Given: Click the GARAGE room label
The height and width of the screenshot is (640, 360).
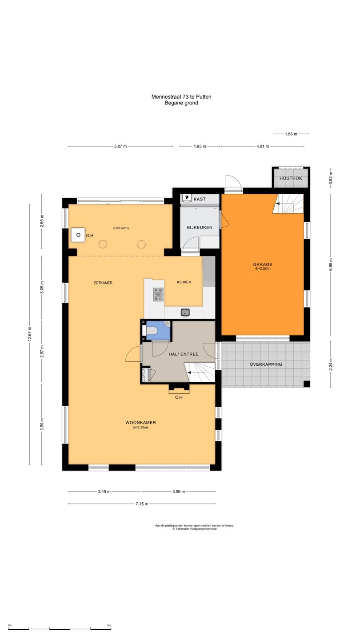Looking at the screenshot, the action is tap(263, 264).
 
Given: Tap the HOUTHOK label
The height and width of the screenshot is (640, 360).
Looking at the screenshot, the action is tap(291, 178).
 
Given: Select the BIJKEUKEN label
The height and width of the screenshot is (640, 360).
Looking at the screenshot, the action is tap(200, 228).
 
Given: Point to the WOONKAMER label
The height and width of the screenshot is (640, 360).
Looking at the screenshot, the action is tap(140, 422).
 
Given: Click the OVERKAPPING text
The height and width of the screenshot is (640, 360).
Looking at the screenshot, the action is tap(266, 364).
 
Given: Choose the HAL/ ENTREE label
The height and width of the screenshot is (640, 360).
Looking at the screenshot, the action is tap(184, 354).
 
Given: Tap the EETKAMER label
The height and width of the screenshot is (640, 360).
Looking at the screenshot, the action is tap(103, 283).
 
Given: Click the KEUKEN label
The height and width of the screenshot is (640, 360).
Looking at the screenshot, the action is tap(184, 282).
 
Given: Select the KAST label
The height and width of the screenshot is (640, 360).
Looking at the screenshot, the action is tap(200, 199).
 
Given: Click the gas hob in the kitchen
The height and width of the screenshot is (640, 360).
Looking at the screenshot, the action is tap(159, 295).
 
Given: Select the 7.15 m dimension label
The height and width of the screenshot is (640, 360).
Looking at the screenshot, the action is tap(142, 504).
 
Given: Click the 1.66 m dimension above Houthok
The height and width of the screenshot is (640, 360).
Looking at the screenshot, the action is tap(291, 134).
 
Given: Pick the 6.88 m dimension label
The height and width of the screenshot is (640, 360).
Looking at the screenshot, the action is tap(331, 264).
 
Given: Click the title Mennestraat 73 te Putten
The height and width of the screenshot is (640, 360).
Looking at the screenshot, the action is tap(181, 96).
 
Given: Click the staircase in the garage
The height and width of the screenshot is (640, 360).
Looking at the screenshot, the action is tap(288, 204).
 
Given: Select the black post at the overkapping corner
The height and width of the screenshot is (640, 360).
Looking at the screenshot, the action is tap(307, 384).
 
